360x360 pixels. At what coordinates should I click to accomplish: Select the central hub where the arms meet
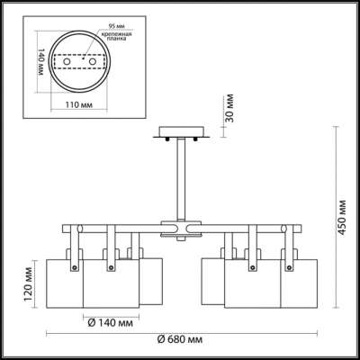pos(180,230)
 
